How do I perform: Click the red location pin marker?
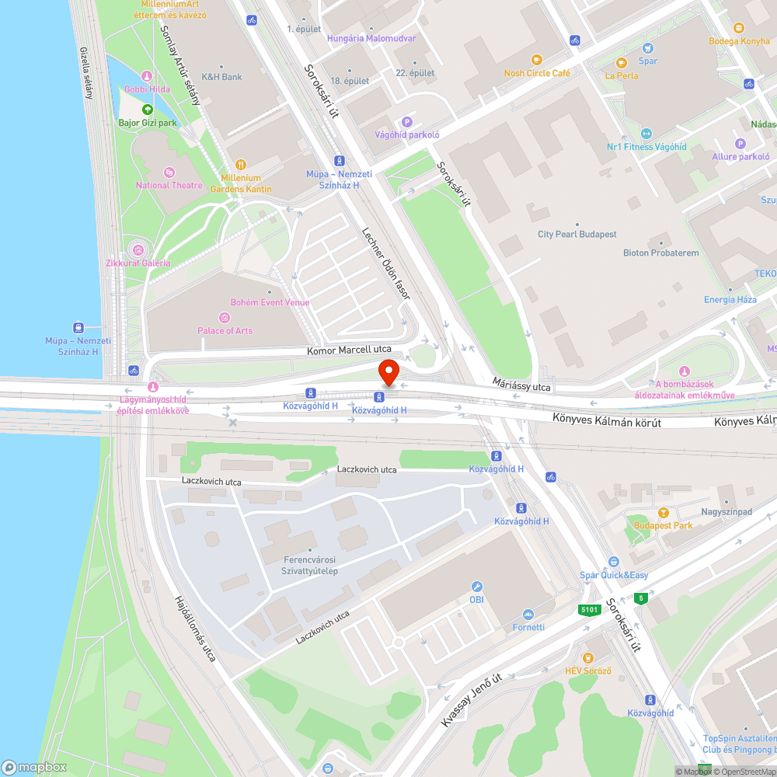click(388, 373)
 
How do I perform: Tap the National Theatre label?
click(169, 186)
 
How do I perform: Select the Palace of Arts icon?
click(225, 317)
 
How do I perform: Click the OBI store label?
click(476, 600)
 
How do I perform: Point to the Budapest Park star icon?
click(663, 513)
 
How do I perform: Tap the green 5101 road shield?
click(589, 610)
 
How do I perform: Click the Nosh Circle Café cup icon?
click(535, 60)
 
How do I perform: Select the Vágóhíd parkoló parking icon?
click(406, 121)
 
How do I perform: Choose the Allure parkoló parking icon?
click(740, 143)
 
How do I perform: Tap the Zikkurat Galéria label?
click(138, 263)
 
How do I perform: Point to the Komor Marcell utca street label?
click(349, 350)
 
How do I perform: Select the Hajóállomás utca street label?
click(195, 629)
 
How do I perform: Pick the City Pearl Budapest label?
click(577, 234)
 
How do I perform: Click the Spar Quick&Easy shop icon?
click(613, 562)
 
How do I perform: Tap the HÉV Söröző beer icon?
click(587, 657)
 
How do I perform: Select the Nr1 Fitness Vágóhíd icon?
click(646, 134)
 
